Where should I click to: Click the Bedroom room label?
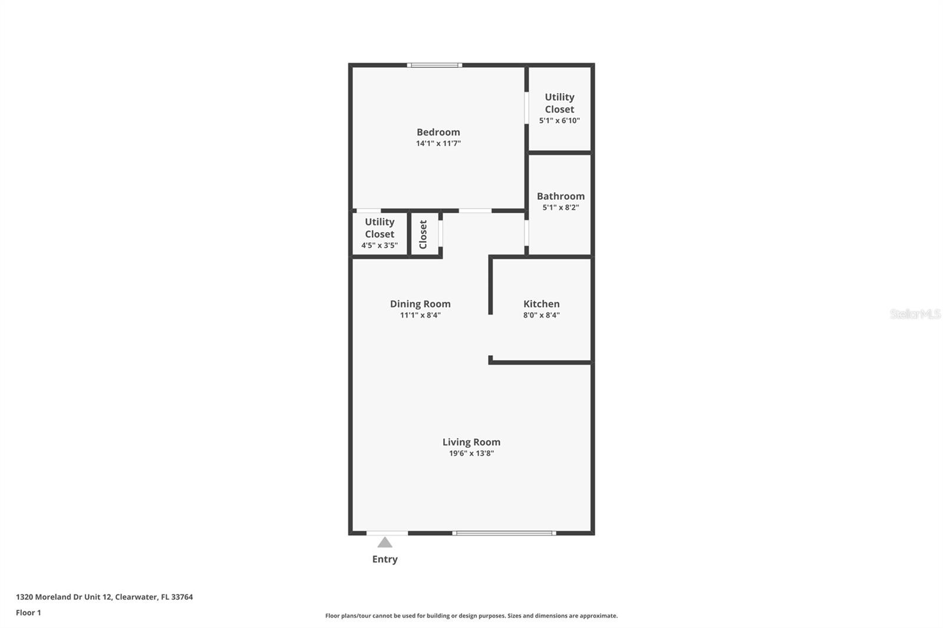pyautogui.click(x=438, y=132)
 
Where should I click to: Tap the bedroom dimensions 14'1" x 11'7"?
pyautogui.click(x=438, y=143)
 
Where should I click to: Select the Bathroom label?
pyautogui.click(x=560, y=196)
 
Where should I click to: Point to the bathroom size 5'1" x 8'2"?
pyautogui.click(x=560, y=207)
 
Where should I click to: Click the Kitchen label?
pyautogui.click(x=541, y=304)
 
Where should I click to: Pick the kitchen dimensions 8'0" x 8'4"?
pyautogui.click(x=541, y=315)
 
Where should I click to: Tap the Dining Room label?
pyautogui.click(x=420, y=304)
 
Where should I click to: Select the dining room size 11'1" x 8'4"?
pyautogui.click(x=420, y=315)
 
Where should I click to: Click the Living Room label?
pyautogui.click(x=471, y=442)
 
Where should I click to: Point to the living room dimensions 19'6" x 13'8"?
pyautogui.click(x=471, y=453)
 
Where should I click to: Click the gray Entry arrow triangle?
pyautogui.click(x=385, y=543)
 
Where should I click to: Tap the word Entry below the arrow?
pyautogui.click(x=385, y=559)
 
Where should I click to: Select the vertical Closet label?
pyautogui.click(x=423, y=234)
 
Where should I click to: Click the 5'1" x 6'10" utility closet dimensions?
pyautogui.click(x=559, y=121)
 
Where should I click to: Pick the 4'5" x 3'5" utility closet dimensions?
pyautogui.click(x=380, y=246)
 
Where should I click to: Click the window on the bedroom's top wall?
pyautogui.click(x=434, y=65)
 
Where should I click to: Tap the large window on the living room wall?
pyautogui.click(x=504, y=533)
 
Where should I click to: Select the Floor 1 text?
pyautogui.click(x=28, y=613)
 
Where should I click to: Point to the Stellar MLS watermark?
pyautogui.click(x=915, y=314)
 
